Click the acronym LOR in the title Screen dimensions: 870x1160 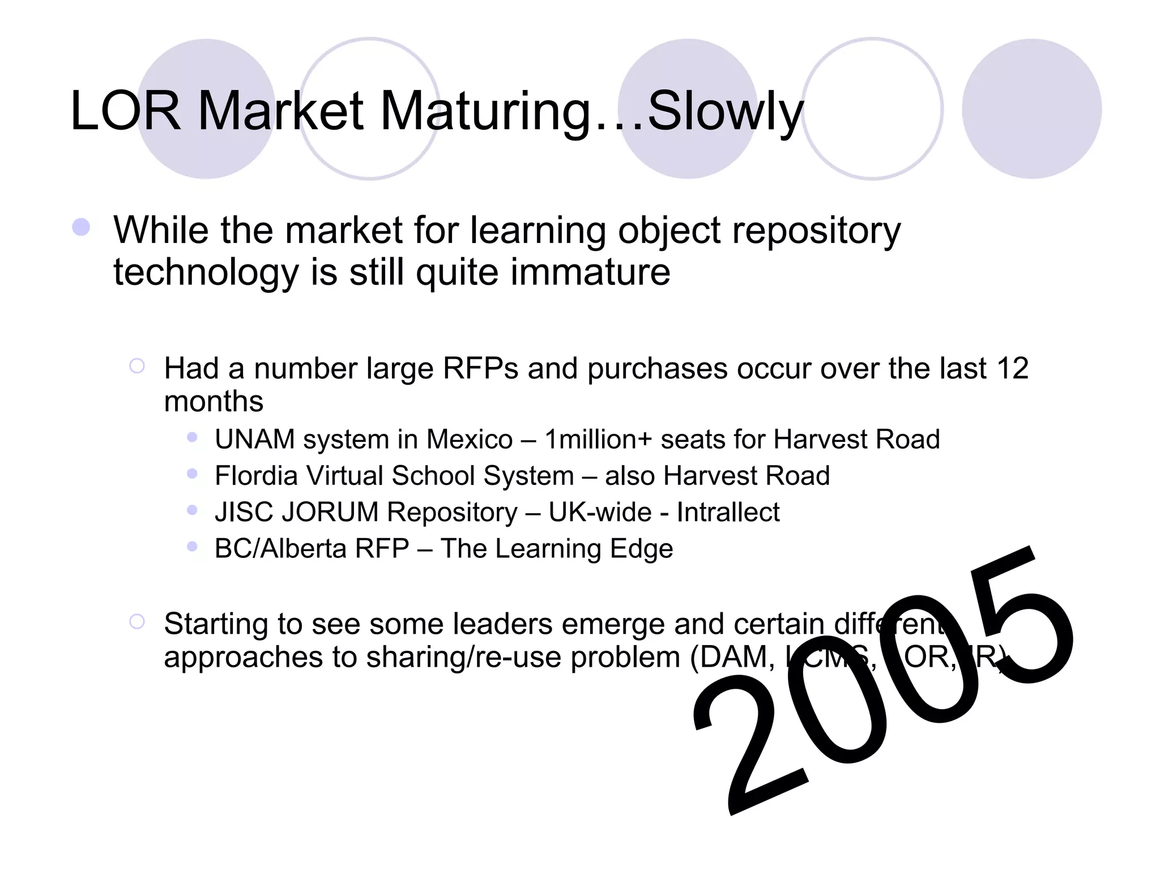(x=126, y=112)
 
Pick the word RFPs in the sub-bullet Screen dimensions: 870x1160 (x=480, y=369)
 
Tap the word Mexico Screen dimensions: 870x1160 (x=470, y=440)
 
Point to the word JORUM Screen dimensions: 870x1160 (x=330, y=512)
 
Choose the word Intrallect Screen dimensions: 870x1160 (x=728, y=512)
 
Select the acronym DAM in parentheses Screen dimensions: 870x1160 (x=737, y=658)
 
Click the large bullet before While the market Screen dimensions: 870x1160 (x=82, y=228)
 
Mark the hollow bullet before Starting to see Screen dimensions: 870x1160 (x=137, y=622)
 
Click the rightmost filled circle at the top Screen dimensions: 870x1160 (x=1031, y=109)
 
